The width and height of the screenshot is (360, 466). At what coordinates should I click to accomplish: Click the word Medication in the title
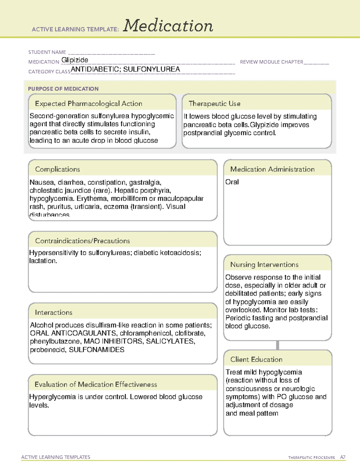(x=168, y=26)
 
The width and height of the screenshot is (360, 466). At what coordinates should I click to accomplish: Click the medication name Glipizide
(x=75, y=60)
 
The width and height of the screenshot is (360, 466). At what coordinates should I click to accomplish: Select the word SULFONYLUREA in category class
(x=151, y=69)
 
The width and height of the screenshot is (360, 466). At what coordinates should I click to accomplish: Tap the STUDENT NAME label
(x=47, y=52)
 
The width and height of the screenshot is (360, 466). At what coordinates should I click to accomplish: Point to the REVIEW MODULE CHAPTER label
(x=271, y=62)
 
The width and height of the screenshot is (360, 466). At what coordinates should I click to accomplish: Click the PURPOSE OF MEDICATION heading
(x=63, y=89)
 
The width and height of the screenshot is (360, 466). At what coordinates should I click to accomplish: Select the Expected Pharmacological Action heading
(x=88, y=104)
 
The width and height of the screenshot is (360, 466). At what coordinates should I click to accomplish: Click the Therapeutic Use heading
(x=214, y=104)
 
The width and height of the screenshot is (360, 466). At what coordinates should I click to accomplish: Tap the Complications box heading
(x=57, y=169)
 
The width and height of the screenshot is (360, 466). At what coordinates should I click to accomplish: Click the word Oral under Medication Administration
(x=232, y=182)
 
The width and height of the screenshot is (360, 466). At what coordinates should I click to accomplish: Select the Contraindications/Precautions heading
(x=82, y=241)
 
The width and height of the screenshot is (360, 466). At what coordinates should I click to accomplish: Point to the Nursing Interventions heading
(x=264, y=264)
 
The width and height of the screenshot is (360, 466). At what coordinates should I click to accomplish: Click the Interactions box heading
(x=53, y=312)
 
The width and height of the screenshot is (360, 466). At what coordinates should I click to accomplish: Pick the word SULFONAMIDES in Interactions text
(x=97, y=350)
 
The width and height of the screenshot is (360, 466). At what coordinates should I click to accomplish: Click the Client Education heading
(x=256, y=359)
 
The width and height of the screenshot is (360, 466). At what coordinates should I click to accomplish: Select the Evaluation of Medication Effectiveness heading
(x=96, y=384)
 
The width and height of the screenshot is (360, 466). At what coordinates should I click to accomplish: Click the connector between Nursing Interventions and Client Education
(x=277, y=345)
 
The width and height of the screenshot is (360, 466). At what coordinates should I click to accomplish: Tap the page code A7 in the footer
(x=343, y=457)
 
